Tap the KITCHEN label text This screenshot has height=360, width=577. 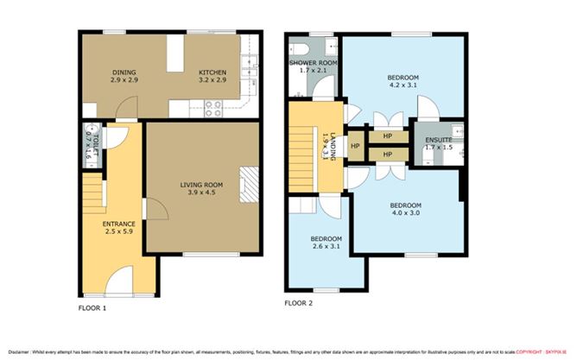(212, 72)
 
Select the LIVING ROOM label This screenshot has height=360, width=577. (201, 185)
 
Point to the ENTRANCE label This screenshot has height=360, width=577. (119, 224)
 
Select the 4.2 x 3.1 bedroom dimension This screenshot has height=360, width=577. (402, 85)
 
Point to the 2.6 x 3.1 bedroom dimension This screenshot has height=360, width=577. (326, 247)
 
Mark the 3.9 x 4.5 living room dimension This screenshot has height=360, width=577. (201, 193)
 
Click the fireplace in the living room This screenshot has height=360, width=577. (248, 184)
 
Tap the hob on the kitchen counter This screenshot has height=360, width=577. (212, 109)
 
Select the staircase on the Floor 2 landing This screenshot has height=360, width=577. (302, 156)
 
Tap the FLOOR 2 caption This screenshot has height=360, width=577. (299, 303)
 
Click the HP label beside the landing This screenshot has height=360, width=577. (355, 146)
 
